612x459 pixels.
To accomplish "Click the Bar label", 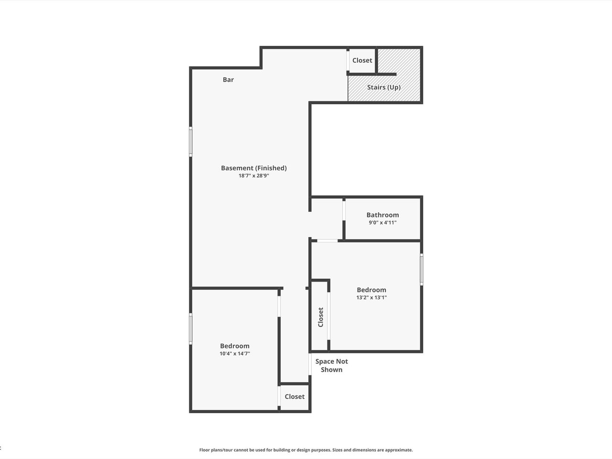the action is pyautogui.click(x=228, y=80).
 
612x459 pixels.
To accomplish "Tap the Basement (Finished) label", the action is pyautogui.click(x=254, y=168).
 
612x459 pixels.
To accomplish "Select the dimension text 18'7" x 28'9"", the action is pyautogui.click(x=254, y=175).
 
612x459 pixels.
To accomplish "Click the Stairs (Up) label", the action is pyautogui.click(x=383, y=87).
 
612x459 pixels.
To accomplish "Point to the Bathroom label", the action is pyautogui.click(x=382, y=215).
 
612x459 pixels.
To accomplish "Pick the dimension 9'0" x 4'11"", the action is pyautogui.click(x=382, y=222).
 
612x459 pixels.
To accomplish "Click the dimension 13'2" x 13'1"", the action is pyautogui.click(x=372, y=297).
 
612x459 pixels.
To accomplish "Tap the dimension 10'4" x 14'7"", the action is pyautogui.click(x=235, y=354).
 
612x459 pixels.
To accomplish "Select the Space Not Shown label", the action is pyautogui.click(x=331, y=365).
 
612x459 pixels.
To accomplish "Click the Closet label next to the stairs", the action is pyautogui.click(x=362, y=60).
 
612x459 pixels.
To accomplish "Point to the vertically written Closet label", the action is pyautogui.click(x=321, y=317).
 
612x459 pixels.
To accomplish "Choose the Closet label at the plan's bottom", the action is pyautogui.click(x=295, y=396).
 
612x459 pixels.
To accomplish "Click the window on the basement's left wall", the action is pyautogui.click(x=191, y=142).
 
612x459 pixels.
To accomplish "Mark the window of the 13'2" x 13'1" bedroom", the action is pyautogui.click(x=422, y=270).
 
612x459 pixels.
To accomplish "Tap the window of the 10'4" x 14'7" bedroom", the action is pyautogui.click(x=191, y=328).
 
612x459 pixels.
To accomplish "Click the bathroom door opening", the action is pyautogui.click(x=344, y=210).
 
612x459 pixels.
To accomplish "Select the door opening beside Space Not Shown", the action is pyautogui.click(x=310, y=364).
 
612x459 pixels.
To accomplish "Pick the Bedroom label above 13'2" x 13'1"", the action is pyautogui.click(x=372, y=290).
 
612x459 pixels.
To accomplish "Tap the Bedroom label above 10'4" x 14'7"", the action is pyautogui.click(x=235, y=346).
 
